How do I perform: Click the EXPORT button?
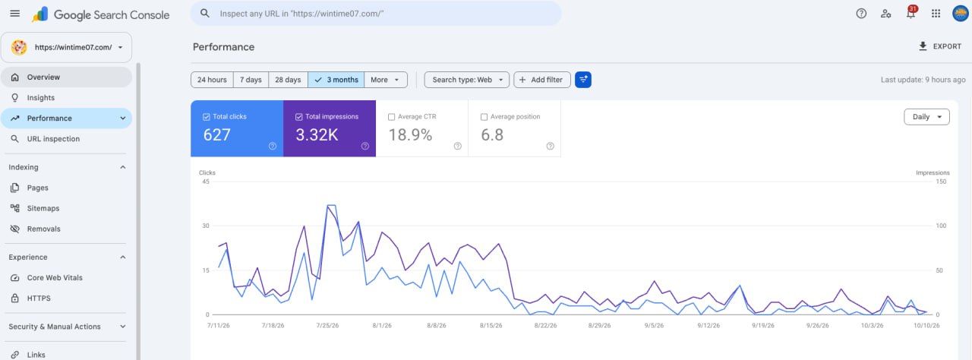pyautogui.click(x=940, y=46)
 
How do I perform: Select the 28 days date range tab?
pyautogui.click(x=288, y=80)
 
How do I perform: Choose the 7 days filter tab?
pyautogui.click(x=251, y=80)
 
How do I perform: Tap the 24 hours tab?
pyautogui.click(x=212, y=80)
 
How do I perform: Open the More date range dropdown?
pyautogui.click(x=385, y=80)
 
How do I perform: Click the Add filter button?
pyautogui.click(x=541, y=80)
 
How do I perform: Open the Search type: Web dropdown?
pyautogui.click(x=466, y=80)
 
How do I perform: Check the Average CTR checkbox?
pyautogui.click(x=391, y=117)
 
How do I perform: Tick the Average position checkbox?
pyautogui.click(x=484, y=117)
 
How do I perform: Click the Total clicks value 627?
pyautogui.click(x=216, y=135)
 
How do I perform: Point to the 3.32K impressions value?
pyautogui.click(x=317, y=135)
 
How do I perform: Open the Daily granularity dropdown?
pyautogui.click(x=926, y=117)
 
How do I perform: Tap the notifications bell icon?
pyautogui.click(x=910, y=14)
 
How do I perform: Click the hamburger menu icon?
pyautogui.click(x=14, y=14)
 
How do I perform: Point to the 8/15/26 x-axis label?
pyautogui.click(x=491, y=325)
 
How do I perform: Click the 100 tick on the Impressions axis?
pyautogui.click(x=941, y=226)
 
